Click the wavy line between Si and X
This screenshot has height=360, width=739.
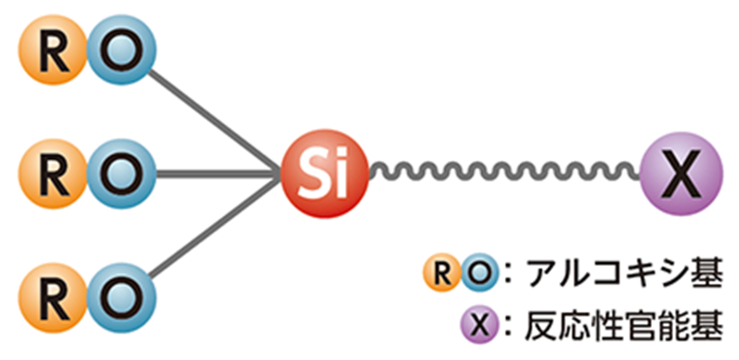[505, 171]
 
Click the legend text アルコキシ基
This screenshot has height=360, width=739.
[623, 277]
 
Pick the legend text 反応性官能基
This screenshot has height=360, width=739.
[623, 326]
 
